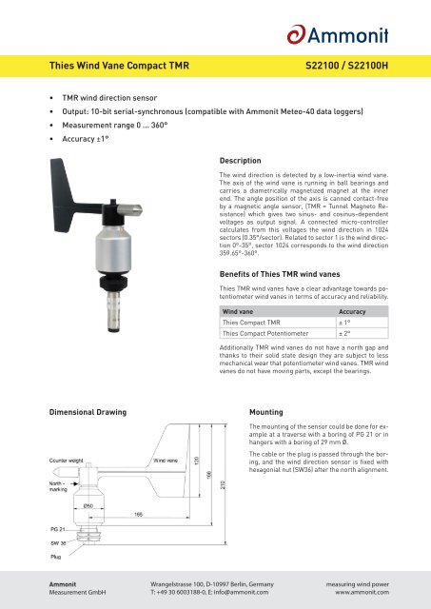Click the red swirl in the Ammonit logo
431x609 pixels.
(297, 34)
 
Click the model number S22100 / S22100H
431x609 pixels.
(346, 66)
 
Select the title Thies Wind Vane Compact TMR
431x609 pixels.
(119, 66)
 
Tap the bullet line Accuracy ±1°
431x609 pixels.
(86, 139)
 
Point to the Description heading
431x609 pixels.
(241, 161)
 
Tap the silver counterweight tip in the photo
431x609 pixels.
(129, 210)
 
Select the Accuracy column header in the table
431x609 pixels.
(352, 311)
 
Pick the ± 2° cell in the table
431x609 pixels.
(344, 333)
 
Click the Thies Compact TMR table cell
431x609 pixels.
(251, 323)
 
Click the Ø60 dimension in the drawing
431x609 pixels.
(88, 505)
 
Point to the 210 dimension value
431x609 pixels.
(223, 484)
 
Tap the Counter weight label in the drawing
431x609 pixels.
(66, 461)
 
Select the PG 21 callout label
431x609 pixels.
(57, 529)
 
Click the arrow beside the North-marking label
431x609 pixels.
(74, 483)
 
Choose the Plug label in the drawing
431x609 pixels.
(55, 557)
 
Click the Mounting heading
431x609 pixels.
(266, 412)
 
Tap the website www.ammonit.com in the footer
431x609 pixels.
(362, 592)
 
